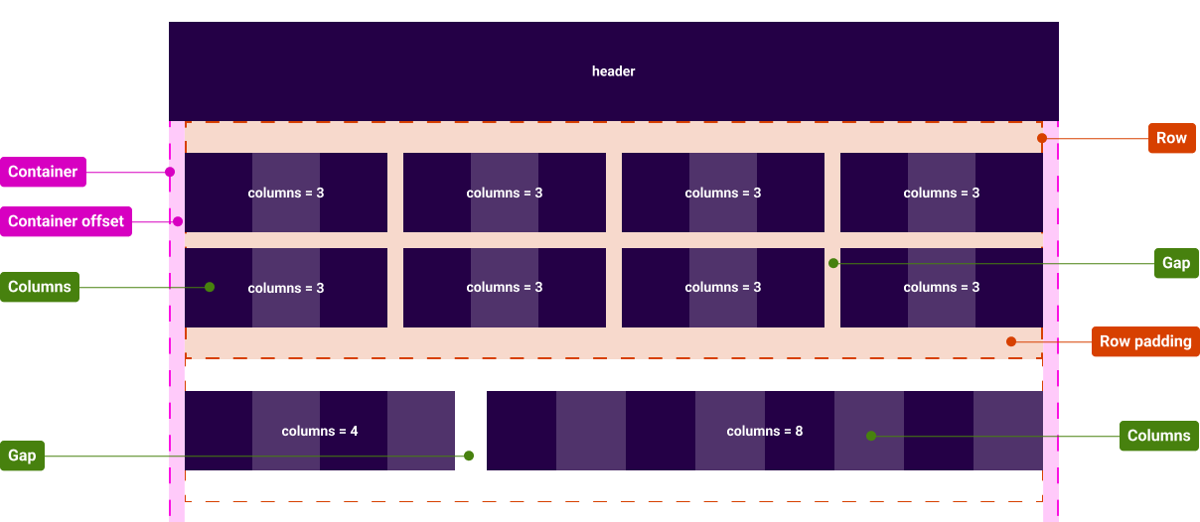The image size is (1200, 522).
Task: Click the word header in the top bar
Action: point(613,71)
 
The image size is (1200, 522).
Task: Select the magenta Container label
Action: point(43,172)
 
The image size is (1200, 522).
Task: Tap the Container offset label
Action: point(67,221)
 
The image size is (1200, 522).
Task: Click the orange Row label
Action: point(1171,138)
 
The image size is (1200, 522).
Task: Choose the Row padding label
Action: point(1145,341)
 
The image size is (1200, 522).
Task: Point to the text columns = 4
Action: point(319,431)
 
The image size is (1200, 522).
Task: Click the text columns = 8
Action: point(764,431)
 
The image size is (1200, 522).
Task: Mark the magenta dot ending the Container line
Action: point(170,172)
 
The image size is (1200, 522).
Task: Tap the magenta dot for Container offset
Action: point(178,221)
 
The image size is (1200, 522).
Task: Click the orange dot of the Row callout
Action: point(1042,138)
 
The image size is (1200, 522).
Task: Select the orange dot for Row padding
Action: point(1010,341)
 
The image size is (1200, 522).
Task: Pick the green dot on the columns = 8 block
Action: point(870,436)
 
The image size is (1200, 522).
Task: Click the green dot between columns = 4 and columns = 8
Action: point(469,456)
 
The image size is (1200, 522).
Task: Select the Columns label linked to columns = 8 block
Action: point(1158,436)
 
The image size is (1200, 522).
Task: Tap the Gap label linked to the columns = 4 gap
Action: point(22,456)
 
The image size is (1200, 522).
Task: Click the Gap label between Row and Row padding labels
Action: point(1176,264)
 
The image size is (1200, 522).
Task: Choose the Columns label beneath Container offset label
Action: point(40,287)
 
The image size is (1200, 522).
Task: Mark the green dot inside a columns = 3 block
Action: point(210,287)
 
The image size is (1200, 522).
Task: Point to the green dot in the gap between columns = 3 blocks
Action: point(833,263)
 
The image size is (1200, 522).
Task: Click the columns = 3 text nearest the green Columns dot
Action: point(285,288)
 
